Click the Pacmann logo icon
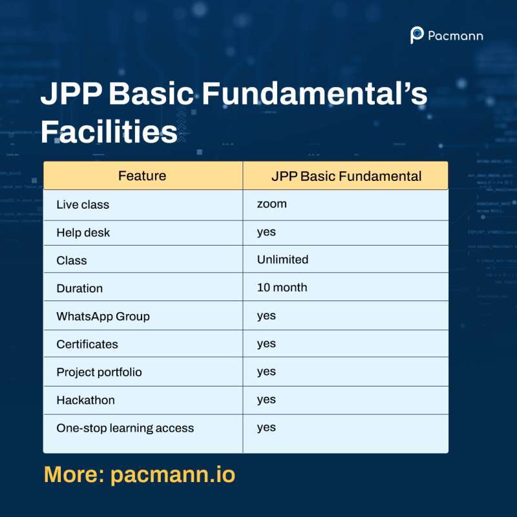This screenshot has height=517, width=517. tap(417, 36)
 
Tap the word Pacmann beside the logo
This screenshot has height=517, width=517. tap(455, 36)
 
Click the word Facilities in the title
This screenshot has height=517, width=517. tap(109, 132)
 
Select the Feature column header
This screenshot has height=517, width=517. tap(142, 176)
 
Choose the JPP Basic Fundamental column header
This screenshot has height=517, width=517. tap(346, 176)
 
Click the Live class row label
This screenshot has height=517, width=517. tap(83, 205)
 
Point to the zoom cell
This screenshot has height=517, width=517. tap(271, 204)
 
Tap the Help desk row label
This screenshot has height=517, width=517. tap(83, 233)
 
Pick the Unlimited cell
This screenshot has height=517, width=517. tap(282, 260)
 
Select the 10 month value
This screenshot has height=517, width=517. tap(282, 288)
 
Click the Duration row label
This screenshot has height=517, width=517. tap(79, 288)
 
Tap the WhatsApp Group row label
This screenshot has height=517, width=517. tap(103, 316)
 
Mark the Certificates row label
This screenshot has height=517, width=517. tap(87, 344)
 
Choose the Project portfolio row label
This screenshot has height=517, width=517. tap(99, 372)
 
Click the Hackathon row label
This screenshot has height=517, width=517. tap(85, 400)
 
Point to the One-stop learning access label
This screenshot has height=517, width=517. tap(125, 428)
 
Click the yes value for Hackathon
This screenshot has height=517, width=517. tap(266, 399)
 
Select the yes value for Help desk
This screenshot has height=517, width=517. tap(266, 232)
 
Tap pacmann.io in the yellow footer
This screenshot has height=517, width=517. tap(173, 475)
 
